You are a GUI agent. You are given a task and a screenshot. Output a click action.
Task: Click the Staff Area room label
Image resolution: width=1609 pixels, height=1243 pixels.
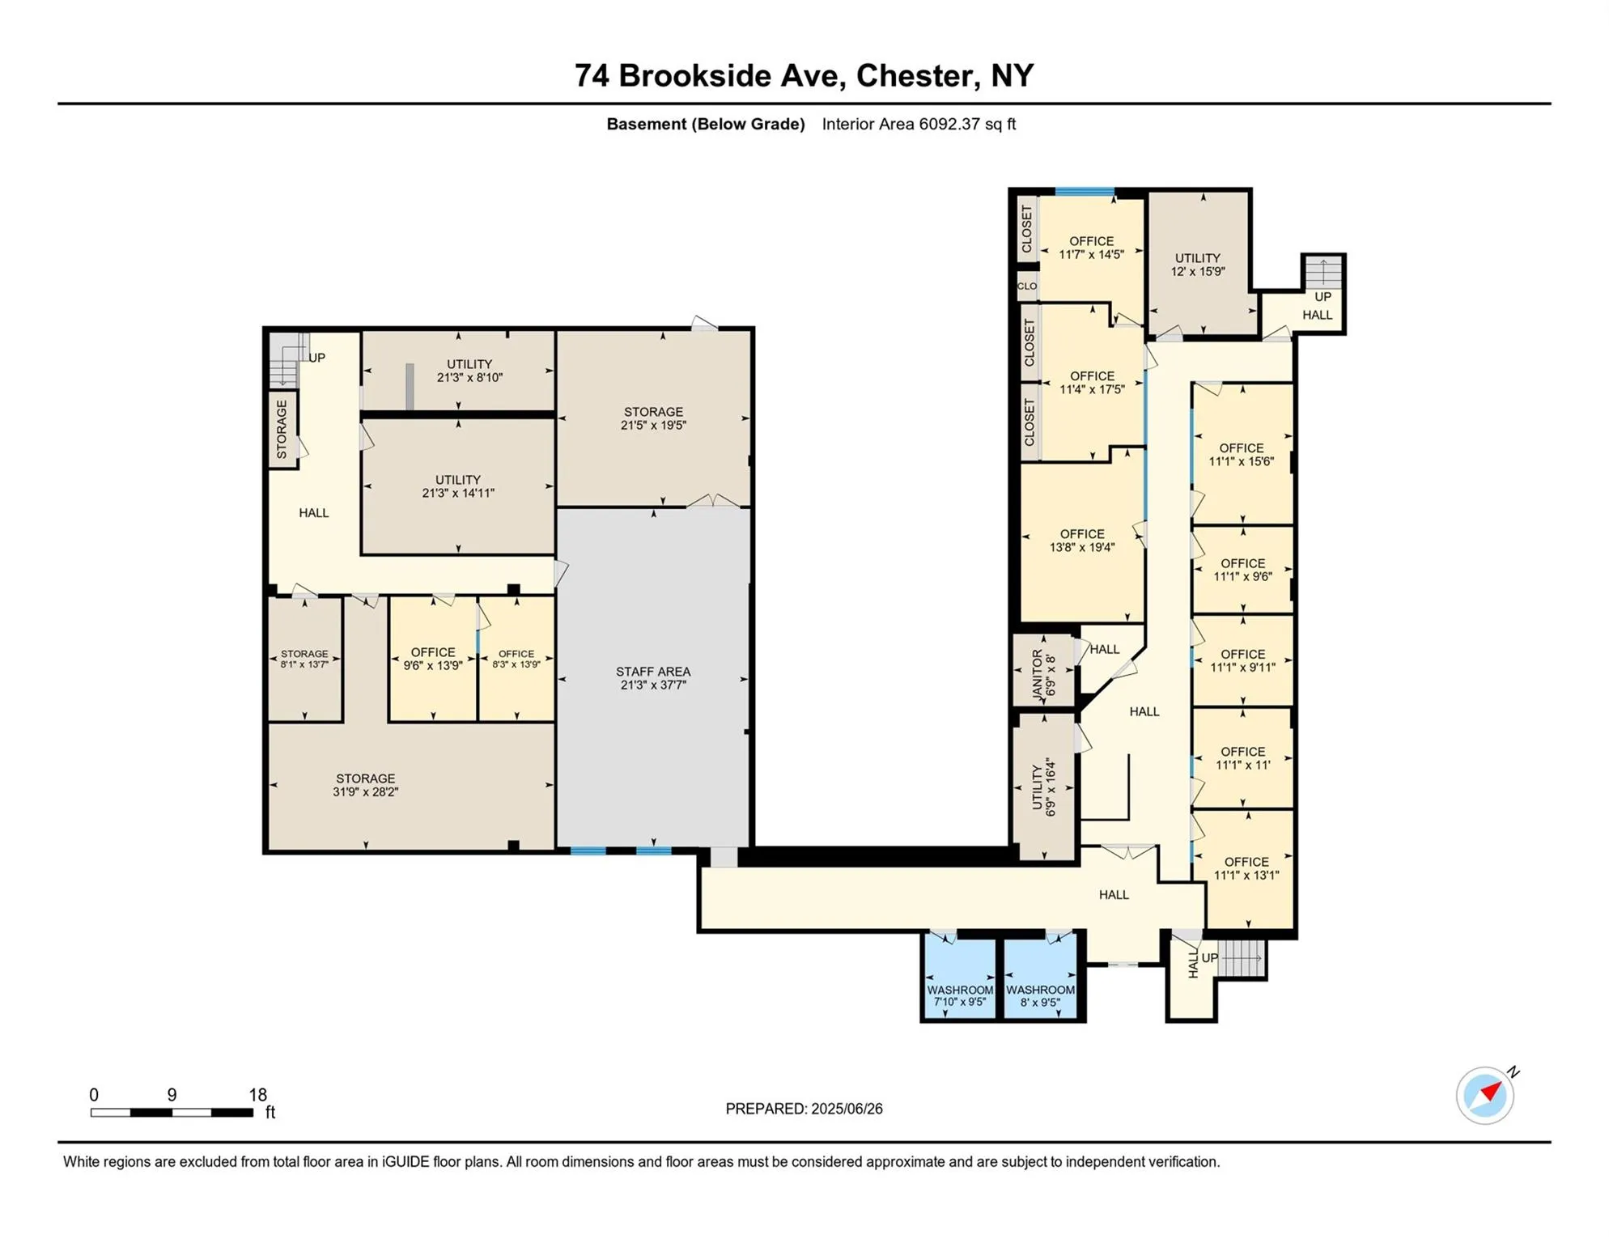(652, 678)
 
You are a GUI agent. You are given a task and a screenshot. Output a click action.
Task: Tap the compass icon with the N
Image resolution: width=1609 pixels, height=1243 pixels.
(1484, 1096)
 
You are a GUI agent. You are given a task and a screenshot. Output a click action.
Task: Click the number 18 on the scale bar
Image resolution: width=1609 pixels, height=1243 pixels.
(257, 1095)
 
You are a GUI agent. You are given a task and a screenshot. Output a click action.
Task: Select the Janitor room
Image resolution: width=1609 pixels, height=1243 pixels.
(1044, 671)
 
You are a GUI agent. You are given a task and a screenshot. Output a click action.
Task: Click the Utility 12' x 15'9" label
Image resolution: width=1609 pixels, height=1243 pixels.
(1198, 265)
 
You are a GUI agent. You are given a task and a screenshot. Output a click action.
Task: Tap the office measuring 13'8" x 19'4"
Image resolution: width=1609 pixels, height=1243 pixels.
(1082, 541)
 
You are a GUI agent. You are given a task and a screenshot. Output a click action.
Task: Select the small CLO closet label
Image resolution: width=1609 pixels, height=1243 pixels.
(1027, 286)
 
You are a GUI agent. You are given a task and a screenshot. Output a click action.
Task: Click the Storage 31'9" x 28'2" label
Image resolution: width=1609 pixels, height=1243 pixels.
(366, 785)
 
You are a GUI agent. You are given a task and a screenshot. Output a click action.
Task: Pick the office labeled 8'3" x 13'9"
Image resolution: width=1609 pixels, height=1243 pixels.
(516, 659)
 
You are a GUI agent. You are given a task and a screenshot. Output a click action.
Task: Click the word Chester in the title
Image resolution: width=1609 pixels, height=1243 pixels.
(914, 76)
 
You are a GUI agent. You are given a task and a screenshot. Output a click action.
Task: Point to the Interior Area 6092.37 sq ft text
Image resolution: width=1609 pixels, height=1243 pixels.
(919, 125)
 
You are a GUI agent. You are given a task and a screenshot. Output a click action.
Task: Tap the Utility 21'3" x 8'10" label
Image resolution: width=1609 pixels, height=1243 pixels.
(469, 371)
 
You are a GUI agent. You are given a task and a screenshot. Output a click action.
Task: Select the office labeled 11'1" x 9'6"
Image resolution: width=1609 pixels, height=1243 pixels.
(1242, 570)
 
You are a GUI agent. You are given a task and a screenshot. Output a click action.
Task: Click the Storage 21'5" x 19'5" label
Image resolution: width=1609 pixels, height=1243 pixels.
(653, 418)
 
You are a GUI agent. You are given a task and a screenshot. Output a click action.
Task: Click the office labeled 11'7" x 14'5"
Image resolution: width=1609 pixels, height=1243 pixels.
(1091, 248)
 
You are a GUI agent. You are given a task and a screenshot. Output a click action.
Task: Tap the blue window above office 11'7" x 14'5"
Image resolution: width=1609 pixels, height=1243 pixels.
(1085, 192)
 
